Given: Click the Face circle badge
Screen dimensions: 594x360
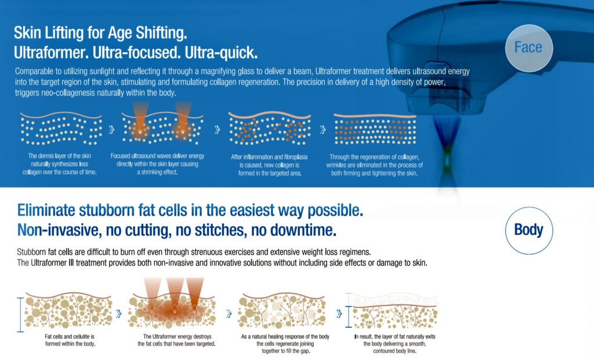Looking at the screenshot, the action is click(x=529, y=48).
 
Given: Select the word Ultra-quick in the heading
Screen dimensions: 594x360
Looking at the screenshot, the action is click(x=221, y=53).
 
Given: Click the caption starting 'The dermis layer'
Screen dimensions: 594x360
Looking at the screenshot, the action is click(x=60, y=164).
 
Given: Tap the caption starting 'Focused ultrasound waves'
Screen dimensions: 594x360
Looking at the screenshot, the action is click(x=157, y=164).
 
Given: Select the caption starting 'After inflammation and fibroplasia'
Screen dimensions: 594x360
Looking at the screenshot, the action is click(x=269, y=165).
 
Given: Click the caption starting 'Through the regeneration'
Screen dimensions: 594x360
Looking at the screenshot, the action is click(x=374, y=165).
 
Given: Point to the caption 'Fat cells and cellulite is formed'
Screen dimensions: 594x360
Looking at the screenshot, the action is click(x=70, y=340).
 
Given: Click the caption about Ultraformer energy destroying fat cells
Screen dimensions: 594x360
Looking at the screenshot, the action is click(x=176, y=340).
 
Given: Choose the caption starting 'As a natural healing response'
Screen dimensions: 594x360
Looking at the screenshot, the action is click(x=285, y=344).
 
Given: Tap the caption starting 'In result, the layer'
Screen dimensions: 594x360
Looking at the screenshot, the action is click(x=394, y=344).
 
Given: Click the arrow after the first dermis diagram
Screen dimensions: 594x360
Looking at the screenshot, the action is click(x=111, y=130).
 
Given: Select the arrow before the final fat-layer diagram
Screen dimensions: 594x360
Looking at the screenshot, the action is click(x=339, y=314).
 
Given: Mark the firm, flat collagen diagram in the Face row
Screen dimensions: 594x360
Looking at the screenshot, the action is click(x=375, y=129).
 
